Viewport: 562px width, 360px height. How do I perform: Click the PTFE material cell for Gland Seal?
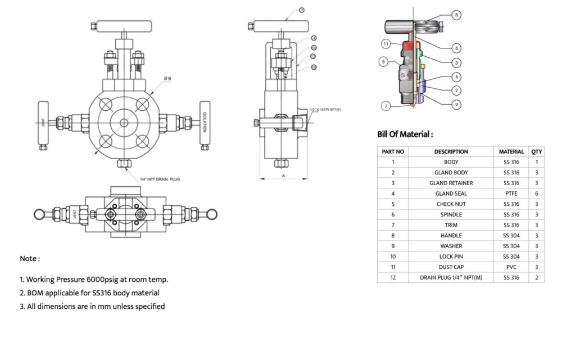(511, 193)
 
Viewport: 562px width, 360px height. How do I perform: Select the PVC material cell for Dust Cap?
(511, 267)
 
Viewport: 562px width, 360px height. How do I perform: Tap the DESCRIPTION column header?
(451, 151)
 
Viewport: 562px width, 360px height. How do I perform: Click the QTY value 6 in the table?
(537, 193)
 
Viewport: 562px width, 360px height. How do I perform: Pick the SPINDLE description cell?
(451, 215)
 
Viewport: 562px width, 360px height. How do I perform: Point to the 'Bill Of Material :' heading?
(405, 134)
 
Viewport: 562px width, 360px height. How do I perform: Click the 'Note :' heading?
(30, 259)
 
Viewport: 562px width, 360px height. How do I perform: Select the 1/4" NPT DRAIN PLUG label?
(160, 179)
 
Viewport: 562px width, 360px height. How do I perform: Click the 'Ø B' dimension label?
(167, 79)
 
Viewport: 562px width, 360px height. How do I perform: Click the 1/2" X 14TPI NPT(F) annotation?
(327, 109)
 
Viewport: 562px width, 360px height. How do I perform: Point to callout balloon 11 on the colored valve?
(386, 43)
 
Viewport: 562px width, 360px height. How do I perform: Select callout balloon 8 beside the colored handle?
(456, 15)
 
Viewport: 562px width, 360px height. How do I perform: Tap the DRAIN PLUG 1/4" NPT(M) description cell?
(451, 278)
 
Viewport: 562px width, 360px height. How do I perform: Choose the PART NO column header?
(393, 151)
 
